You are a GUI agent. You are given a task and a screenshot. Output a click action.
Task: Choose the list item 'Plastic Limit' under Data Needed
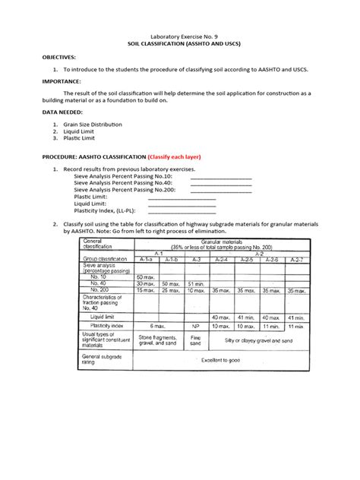[82, 139]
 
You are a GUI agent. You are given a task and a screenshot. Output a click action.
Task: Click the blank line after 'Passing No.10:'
[220, 177]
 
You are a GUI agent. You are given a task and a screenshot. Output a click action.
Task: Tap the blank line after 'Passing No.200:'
[220, 191]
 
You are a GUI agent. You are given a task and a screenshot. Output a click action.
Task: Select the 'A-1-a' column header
[147, 258]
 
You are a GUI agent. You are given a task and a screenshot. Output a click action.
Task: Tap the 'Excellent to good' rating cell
[220, 359]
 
